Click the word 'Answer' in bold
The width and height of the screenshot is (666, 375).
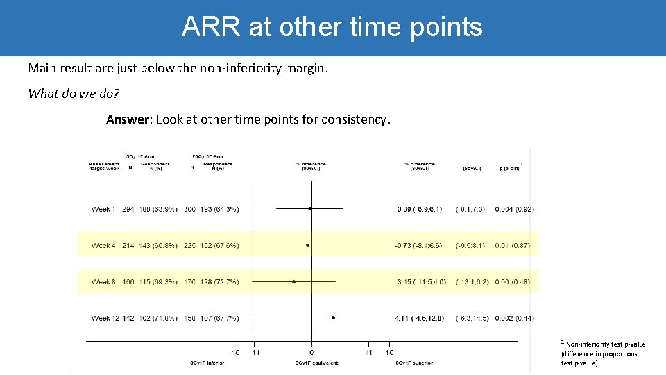[128, 119]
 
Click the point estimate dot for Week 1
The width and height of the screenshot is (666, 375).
[310, 208]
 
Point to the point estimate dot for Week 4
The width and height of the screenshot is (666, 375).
[307, 245]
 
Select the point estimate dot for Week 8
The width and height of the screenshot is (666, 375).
[294, 281]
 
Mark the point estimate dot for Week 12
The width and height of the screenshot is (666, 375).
[333, 318]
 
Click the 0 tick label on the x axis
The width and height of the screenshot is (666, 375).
[311, 352]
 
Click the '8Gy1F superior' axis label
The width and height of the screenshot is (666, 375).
[415, 362]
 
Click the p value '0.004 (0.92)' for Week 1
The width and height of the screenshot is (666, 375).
[514, 209]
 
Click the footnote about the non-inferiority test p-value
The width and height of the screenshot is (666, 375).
[603, 353]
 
